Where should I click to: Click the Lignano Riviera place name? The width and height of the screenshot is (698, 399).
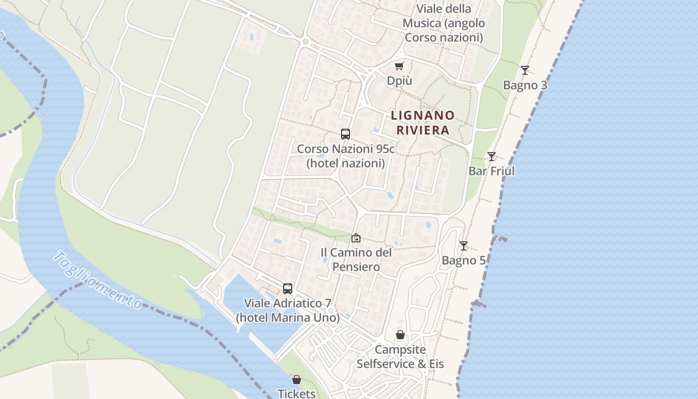pos(423,123)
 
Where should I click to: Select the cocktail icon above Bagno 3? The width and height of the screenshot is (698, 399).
pos(524,70)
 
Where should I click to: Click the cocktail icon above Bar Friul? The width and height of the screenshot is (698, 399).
pos(492,157)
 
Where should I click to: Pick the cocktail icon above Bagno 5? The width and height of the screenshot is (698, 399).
pos(464,246)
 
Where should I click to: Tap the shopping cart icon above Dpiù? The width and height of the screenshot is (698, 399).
pos(399,66)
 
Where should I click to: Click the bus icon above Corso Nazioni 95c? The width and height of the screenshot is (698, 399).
pos(346,134)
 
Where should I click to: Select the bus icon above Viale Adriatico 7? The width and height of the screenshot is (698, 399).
pos(288,288)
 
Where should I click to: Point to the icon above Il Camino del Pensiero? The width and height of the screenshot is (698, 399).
pos(355,238)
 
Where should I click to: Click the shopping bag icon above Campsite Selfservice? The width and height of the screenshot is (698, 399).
pos(400,335)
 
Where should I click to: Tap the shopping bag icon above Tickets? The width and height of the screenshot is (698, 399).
pos(297,380)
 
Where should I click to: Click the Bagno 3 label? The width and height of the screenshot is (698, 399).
pos(525,85)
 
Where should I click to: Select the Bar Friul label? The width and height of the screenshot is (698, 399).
pos(492,171)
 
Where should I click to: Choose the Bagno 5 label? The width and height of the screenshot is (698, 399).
pos(464,260)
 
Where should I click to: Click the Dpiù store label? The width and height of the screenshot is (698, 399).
pos(399,80)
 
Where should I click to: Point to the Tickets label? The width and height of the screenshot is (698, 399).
pos(297,394)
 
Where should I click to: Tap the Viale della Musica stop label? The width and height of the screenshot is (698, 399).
pos(444,23)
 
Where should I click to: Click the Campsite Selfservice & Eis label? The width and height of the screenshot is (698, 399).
pos(400,357)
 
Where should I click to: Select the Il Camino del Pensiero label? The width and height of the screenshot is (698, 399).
pos(356,259)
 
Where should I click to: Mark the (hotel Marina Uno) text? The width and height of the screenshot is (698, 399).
pos(288,318)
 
